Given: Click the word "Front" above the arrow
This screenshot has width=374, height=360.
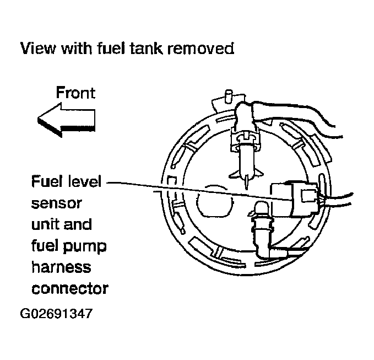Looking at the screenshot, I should click(x=75, y=93).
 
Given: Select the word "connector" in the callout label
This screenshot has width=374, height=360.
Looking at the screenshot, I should click(x=70, y=288).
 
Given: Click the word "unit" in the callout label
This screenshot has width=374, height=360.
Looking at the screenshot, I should click(x=44, y=225).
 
